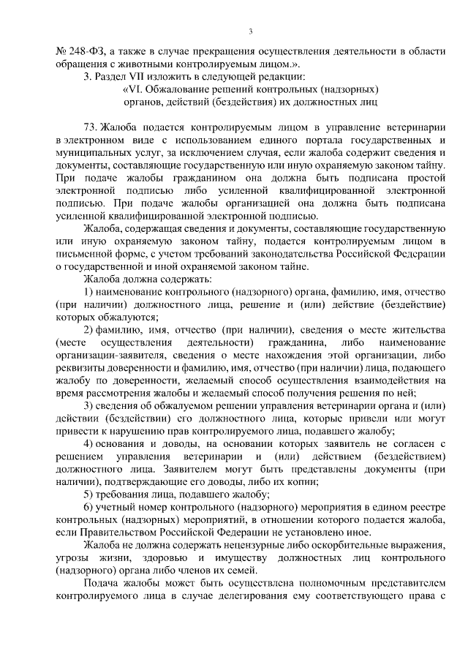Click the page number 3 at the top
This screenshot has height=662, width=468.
pos(250,31)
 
